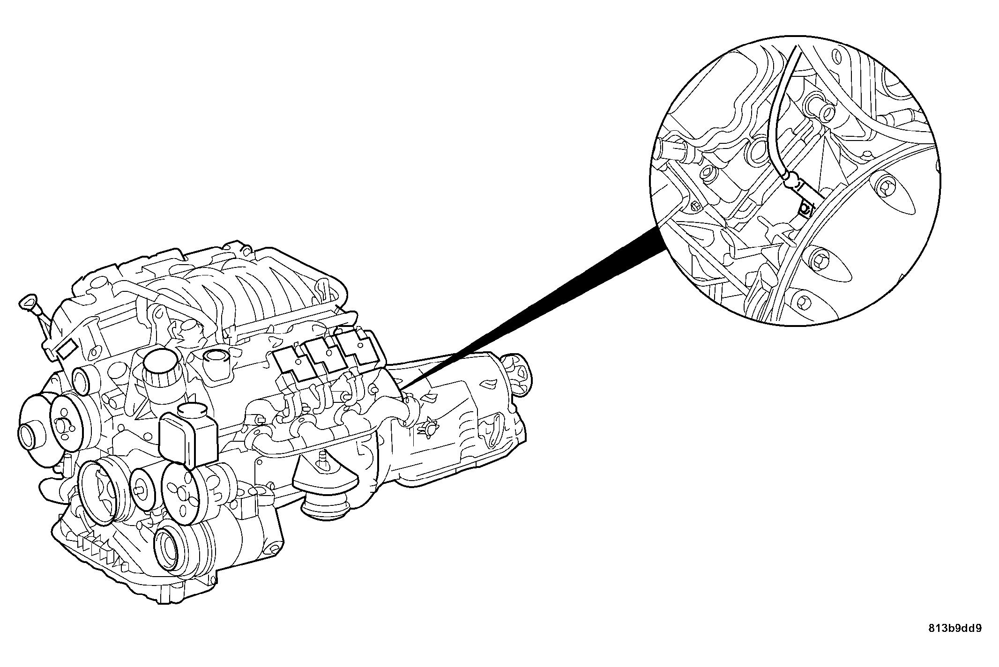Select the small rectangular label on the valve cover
point(66,348)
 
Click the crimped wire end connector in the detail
point(791,179)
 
